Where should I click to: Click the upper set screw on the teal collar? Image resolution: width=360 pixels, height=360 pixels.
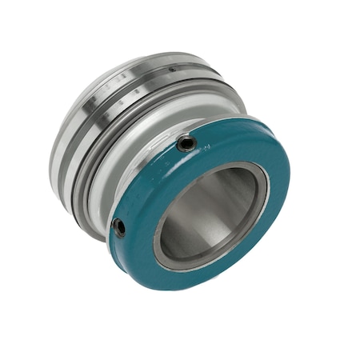tap(186, 144)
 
